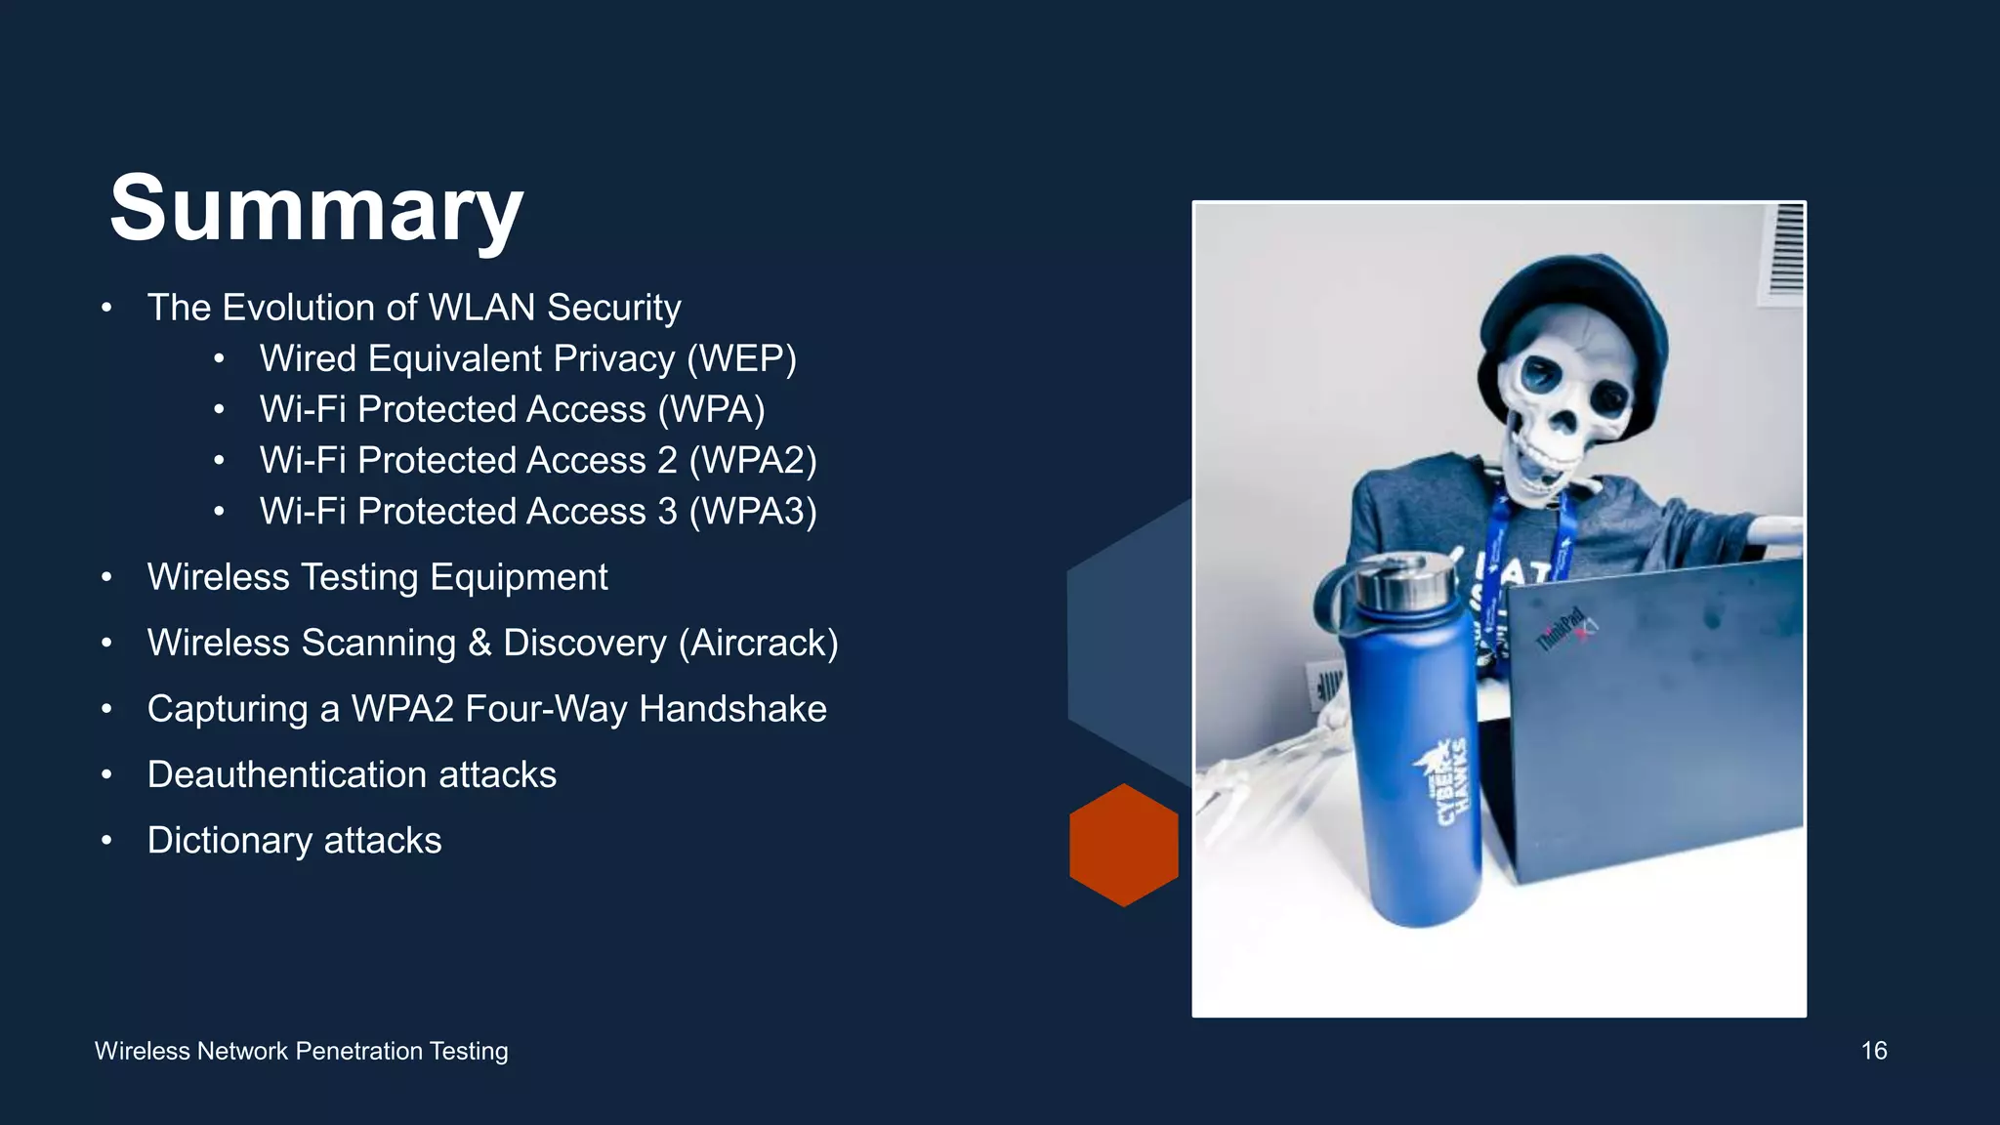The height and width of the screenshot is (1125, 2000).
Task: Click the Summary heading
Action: click(x=316, y=208)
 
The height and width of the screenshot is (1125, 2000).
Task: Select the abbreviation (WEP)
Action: click(x=741, y=358)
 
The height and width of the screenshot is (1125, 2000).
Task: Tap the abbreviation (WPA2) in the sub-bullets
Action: click(x=753, y=460)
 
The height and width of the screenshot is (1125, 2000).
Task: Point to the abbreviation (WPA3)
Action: click(x=753, y=511)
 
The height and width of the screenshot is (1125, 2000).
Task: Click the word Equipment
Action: click(x=519, y=577)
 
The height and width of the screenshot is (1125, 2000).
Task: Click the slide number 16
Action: click(x=1873, y=1051)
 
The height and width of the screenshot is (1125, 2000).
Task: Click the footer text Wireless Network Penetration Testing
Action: click(x=301, y=1051)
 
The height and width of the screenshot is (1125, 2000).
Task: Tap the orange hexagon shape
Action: click(x=1123, y=845)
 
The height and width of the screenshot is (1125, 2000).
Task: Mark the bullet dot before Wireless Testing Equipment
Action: click(x=106, y=577)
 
